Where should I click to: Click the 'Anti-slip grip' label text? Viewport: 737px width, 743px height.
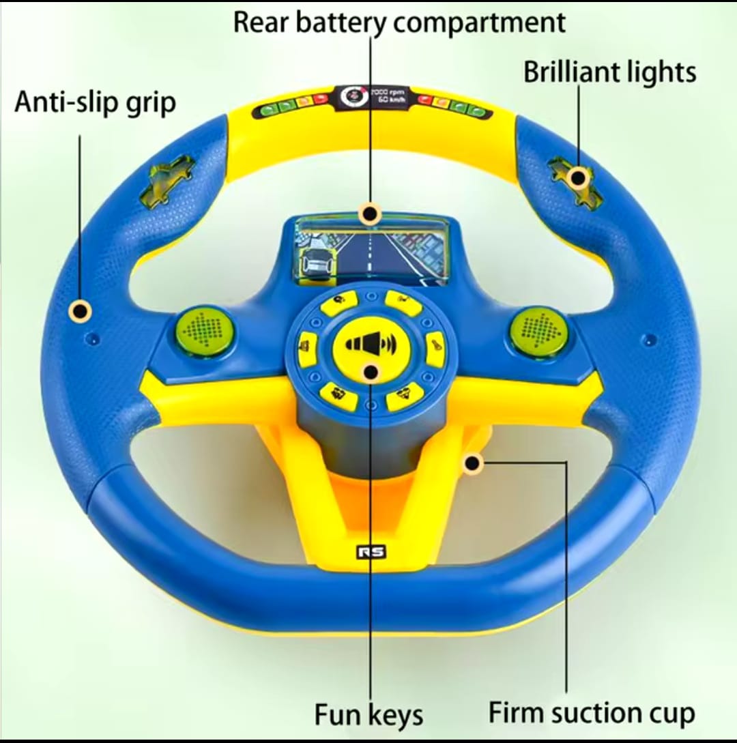95,102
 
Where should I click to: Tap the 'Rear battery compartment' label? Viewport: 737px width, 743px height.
399,22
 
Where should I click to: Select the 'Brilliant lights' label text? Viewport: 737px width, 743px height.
609,72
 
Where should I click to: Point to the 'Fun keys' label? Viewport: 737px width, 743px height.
369,714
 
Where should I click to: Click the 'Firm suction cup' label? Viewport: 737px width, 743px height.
592,713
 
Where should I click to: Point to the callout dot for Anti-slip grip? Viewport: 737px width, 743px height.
80,311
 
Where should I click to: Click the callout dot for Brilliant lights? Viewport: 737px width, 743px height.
578,178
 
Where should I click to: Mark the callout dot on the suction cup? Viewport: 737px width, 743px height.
472,463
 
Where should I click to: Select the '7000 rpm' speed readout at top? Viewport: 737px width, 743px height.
388,91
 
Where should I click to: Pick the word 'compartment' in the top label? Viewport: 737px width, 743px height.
482,22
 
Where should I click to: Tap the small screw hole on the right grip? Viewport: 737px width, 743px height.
650,339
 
